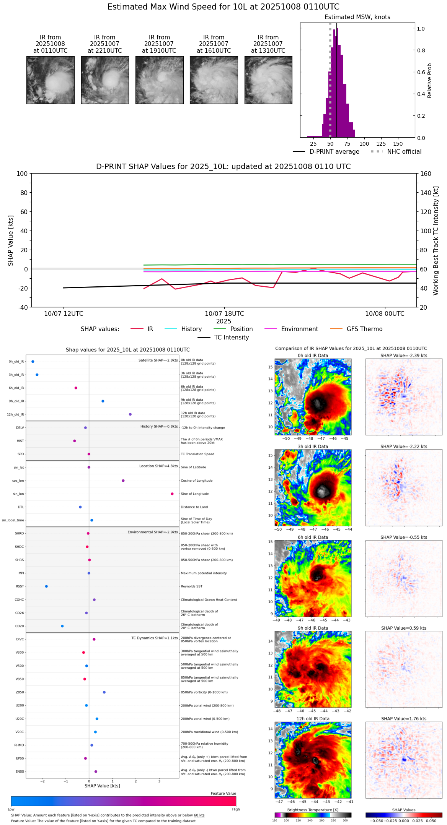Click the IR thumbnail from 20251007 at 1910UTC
[x=159, y=80]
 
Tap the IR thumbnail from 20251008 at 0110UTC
[x=51, y=80]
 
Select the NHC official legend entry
[x=404, y=152]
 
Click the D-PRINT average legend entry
[x=334, y=152]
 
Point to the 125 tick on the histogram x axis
[x=381, y=144]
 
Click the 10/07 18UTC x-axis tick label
[x=224, y=314]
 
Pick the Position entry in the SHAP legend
[x=241, y=329]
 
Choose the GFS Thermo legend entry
[x=364, y=329]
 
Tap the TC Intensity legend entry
[x=231, y=338]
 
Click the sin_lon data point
[x=172, y=494]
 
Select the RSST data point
[x=46, y=586]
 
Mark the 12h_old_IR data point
[x=130, y=414]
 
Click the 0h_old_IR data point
[x=33, y=362]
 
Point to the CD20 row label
[x=20, y=626]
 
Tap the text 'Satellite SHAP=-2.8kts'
[x=158, y=360]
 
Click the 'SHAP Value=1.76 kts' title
[x=404, y=719]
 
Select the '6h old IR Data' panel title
[x=313, y=537]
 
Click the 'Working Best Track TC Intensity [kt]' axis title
[x=436, y=241]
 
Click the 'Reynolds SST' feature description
[x=192, y=586]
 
